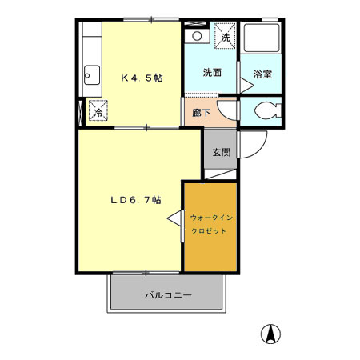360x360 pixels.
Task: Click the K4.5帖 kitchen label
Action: click(142, 78)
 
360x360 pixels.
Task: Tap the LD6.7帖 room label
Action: click(136, 200)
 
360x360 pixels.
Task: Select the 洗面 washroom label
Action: click(212, 73)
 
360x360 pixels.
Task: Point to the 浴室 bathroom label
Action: click(262, 74)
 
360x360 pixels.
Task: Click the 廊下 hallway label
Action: click(202, 113)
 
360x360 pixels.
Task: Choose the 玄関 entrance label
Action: click(222, 152)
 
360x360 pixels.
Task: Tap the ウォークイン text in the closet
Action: click(211, 218)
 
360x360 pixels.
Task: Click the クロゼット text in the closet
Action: click(209, 231)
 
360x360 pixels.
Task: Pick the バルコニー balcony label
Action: click(168, 295)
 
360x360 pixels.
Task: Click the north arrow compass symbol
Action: click(270, 334)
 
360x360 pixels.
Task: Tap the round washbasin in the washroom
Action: click(197, 36)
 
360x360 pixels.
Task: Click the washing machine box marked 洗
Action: click(226, 36)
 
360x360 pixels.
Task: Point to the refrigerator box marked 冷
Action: click(98, 110)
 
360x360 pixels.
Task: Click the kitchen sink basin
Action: click(92, 75)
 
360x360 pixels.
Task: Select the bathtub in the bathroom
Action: click(262, 38)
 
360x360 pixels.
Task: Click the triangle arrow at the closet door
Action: click(174, 218)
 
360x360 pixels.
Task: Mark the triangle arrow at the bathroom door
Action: click(246, 86)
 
